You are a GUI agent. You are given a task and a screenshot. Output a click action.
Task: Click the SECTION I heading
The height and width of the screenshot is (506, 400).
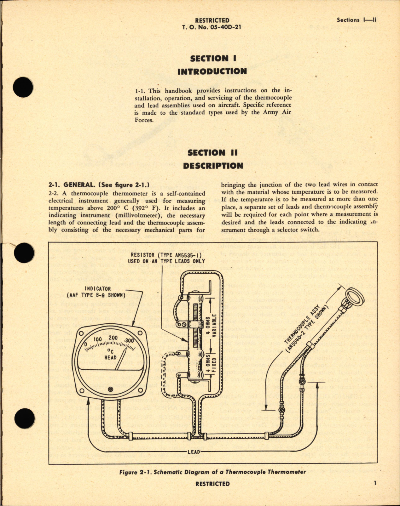[213, 59]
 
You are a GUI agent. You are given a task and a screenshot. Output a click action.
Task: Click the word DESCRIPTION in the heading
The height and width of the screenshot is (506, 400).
[213, 166]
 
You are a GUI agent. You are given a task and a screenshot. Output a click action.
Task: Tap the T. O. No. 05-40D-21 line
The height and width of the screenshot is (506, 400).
[212, 27]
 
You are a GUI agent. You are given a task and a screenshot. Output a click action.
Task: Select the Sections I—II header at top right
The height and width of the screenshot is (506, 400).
[357, 20]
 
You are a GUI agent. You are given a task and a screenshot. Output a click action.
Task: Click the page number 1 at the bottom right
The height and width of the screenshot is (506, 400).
[375, 483]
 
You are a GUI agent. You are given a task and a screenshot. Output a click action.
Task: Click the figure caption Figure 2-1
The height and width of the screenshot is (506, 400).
[212, 472]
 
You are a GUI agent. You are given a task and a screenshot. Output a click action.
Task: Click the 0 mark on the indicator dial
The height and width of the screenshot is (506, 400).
[85, 344]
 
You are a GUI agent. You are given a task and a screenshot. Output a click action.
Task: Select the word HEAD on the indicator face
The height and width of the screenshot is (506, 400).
[110, 358]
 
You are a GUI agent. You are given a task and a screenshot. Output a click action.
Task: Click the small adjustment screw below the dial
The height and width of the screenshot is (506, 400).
[110, 389]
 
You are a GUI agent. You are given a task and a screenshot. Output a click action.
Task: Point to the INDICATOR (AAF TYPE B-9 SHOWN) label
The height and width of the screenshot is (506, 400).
[96, 292]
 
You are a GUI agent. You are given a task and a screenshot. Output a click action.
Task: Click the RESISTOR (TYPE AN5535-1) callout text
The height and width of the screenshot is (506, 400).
[166, 258]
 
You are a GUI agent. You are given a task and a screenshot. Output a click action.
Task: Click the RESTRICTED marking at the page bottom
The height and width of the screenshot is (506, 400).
[212, 484]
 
